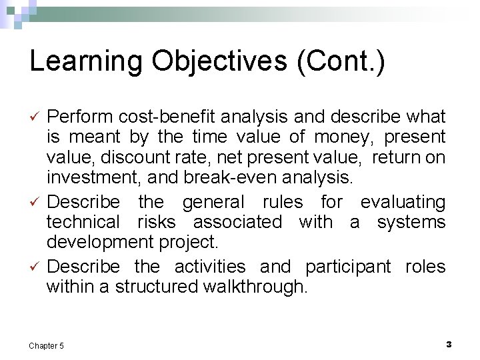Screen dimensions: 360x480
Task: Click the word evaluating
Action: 403,201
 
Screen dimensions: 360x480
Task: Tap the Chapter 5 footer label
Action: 47,345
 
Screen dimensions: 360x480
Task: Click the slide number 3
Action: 448,344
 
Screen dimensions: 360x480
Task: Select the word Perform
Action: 81,117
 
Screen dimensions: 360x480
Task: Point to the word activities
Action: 210,267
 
